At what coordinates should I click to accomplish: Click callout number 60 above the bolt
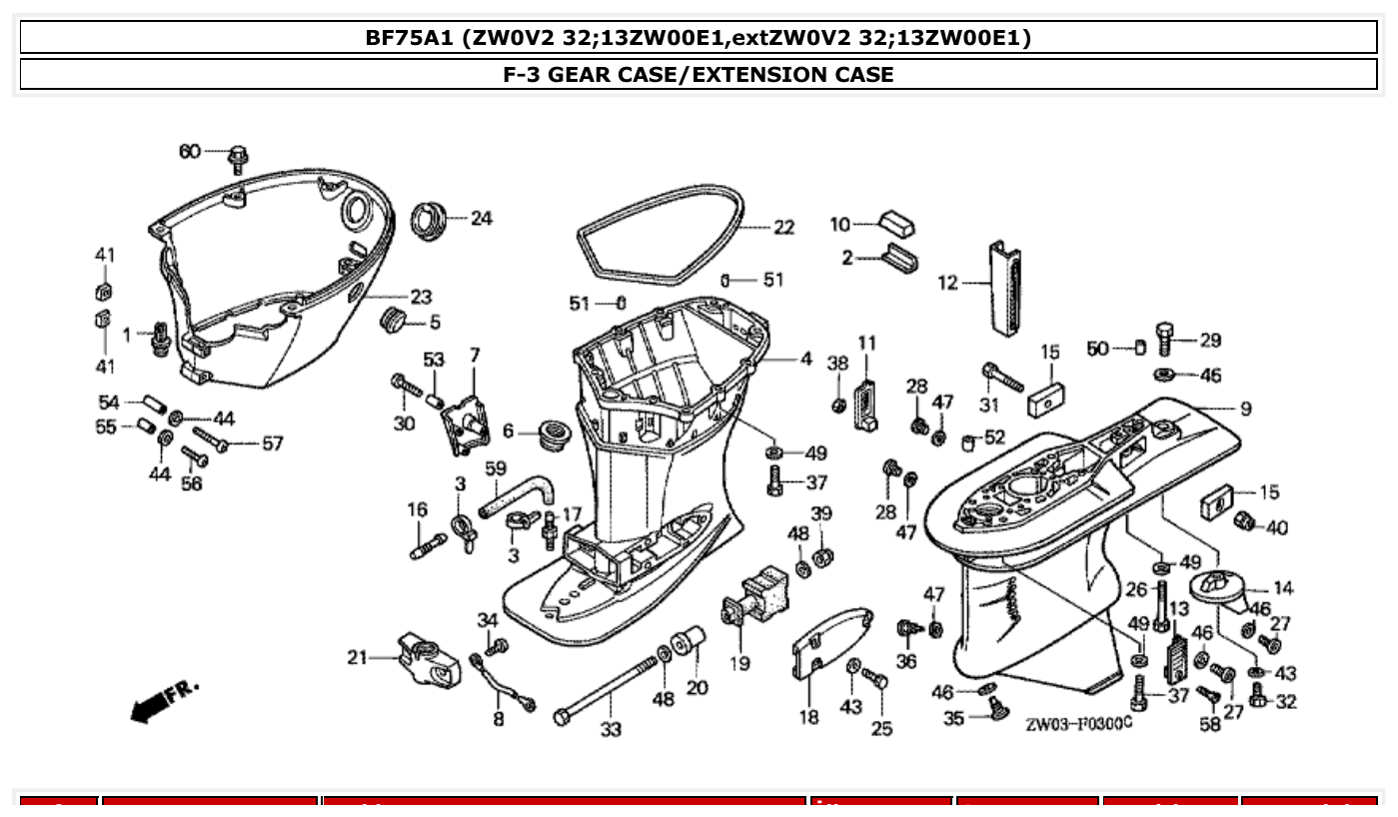tap(190, 152)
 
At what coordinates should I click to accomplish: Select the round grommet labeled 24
tap(432, 218)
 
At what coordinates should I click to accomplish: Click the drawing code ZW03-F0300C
tap(1078, 722)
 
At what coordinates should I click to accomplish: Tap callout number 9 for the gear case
tap(1245, 408)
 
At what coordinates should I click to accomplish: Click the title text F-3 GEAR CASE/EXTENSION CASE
tap(699, 74)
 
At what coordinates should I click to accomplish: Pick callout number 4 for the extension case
tap(805, 359)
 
